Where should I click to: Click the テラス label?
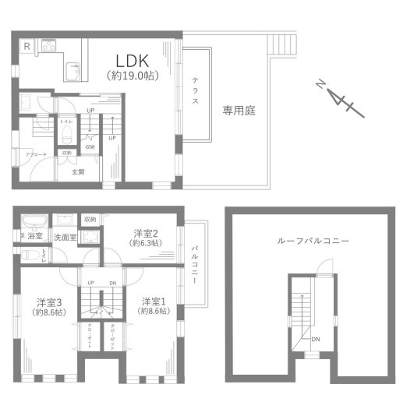coord(195,93)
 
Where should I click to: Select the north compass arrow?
coord(336,97)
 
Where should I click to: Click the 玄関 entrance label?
coord(78,171)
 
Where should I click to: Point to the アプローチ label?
coord(37,155)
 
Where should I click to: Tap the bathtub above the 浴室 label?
coord(34,220)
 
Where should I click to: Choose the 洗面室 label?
coord(65,237)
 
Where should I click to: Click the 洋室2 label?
coord(146,232)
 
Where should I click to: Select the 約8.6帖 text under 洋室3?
coord(49,312)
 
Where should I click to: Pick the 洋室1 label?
coord(154,301)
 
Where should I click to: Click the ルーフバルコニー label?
coord(313,241)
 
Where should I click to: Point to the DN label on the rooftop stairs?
coord(315,339)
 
